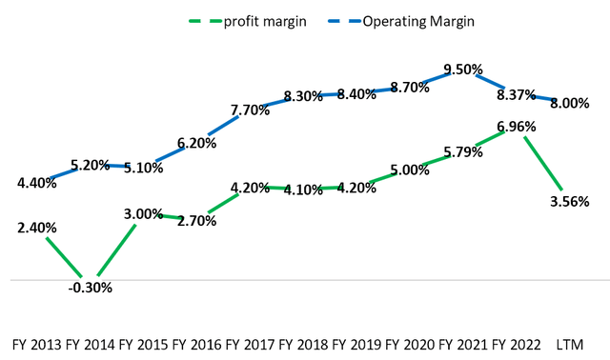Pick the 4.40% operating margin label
click(36, 183)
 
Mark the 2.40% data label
click(36, 229)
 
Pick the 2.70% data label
click(197, 221)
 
